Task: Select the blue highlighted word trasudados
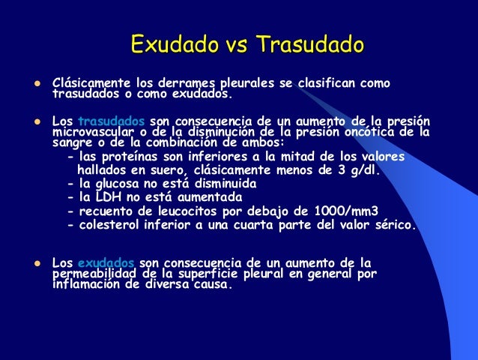pos(112,121)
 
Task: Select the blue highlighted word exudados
pos(106,262)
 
